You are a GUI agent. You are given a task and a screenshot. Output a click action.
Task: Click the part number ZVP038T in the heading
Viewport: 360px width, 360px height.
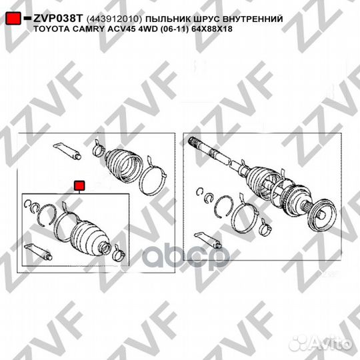coord(57,19)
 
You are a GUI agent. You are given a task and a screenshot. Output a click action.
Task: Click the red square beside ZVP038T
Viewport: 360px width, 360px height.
coord(13,19)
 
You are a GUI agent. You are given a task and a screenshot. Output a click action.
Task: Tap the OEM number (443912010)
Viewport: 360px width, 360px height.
coord(114,19)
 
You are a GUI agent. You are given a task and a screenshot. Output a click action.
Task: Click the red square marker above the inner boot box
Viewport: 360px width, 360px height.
coord(79,185)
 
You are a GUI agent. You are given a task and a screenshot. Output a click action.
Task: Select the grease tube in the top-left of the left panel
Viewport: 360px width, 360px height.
coord(67,151)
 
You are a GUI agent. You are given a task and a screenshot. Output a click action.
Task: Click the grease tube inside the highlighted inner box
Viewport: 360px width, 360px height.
coord(39,252)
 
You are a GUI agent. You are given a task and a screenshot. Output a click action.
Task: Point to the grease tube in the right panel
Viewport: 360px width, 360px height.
coord(208,241)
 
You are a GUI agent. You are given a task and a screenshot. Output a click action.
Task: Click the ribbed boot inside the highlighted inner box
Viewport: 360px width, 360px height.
coord(90,238)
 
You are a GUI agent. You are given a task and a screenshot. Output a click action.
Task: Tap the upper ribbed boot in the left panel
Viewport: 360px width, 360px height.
coord(123,165)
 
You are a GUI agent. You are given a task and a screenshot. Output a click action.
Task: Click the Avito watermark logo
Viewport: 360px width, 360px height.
coord(321,344)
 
